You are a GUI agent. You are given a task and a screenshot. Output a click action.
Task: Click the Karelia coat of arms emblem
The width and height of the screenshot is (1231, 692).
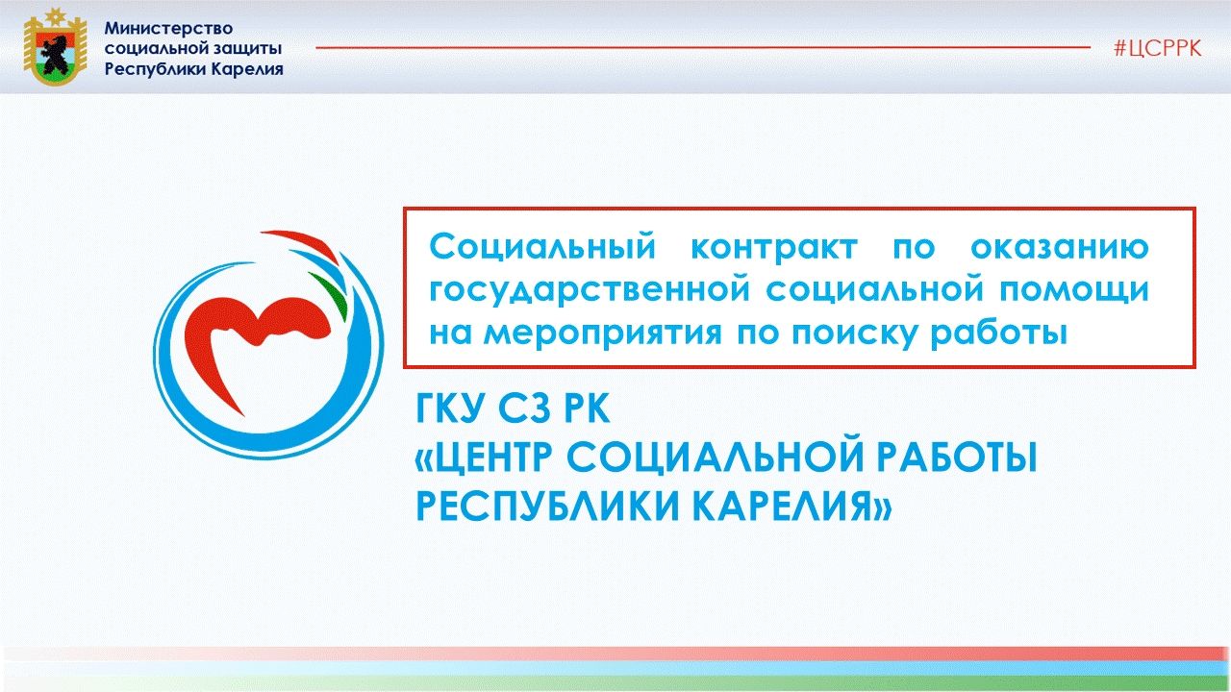(55, 46)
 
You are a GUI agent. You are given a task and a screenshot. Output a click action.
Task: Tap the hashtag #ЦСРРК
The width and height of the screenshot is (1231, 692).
(1157, 48)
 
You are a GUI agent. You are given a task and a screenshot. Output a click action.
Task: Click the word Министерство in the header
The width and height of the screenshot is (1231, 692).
(168, 28)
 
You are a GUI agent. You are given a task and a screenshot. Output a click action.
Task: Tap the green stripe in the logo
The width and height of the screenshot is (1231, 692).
(330, 295)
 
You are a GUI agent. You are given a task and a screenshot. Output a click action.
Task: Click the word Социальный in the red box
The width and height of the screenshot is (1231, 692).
(542, 246)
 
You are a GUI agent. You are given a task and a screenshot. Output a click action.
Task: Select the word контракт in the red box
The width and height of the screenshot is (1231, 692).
(774, 247)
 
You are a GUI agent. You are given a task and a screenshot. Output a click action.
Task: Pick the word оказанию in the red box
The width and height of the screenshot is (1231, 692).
(1060, 247)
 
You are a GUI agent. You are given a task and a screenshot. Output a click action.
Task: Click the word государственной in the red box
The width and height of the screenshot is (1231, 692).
(590, 291)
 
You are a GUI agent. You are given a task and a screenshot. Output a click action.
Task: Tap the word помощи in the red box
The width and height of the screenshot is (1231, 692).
(1074, 291)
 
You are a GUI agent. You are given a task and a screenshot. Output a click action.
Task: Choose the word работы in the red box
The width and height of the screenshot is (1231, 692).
(998, 334)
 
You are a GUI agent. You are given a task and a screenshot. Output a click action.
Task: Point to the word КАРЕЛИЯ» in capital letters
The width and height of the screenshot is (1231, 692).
(791, 505)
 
